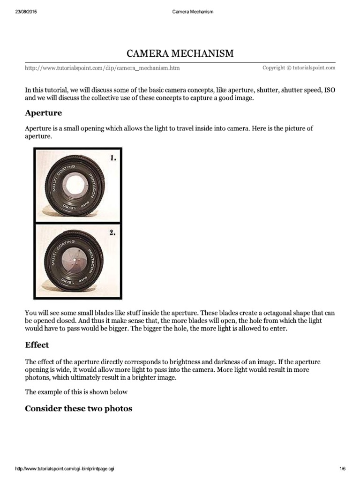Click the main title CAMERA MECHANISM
pos(180,53)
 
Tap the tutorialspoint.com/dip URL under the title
pos(102,68)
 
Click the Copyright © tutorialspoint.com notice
pos(299,68)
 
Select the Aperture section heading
pos(43,113)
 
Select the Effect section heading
pos(37,345)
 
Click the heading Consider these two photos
pos(78,408)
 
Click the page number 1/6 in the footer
pos(342,469)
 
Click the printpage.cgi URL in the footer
pos(65,469)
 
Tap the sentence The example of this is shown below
pos(76,392)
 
